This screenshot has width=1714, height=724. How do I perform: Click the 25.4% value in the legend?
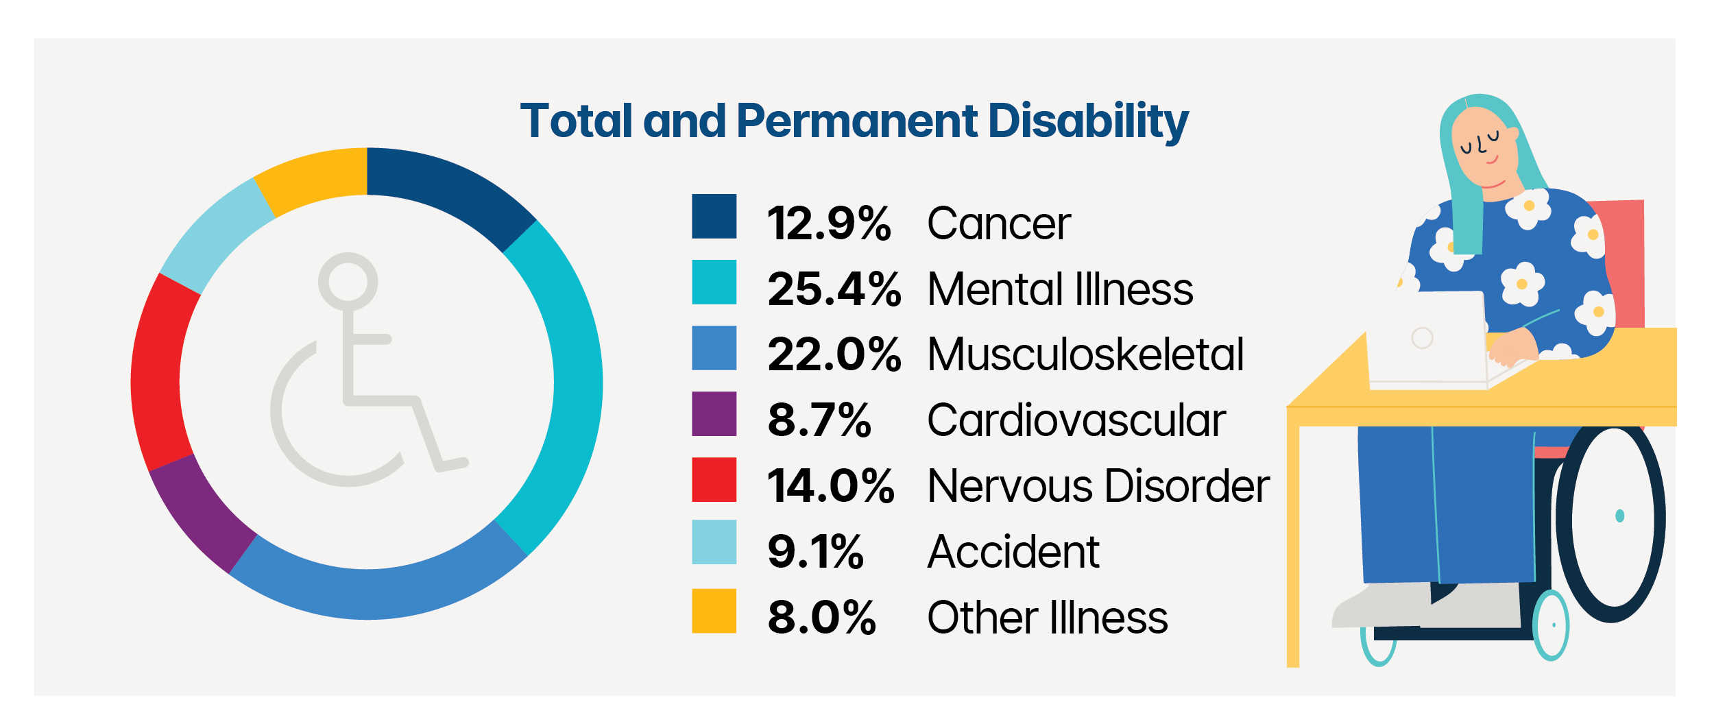834,289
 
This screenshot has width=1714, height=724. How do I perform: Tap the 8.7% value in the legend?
819,420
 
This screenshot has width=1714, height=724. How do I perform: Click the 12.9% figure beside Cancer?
828,224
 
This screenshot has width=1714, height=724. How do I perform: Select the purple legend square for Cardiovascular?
714,414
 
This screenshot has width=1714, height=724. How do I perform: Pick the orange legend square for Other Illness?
714,611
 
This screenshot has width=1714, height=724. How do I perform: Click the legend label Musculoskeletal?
1085,355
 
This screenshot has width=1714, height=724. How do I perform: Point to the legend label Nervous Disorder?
1098,486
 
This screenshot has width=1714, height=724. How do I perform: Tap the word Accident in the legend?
1013,552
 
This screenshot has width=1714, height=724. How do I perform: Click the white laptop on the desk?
1426,339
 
